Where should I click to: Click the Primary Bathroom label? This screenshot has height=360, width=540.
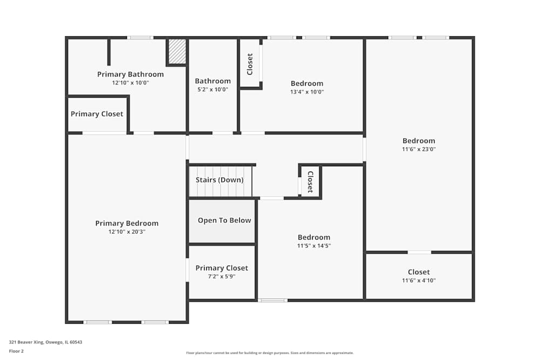click(x=130, y=74)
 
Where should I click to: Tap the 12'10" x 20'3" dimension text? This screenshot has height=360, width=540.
click(x=127, y=232)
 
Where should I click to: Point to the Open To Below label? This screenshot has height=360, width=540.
click(x=224, y=220)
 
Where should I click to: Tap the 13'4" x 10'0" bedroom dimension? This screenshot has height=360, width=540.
click(x=307, y=92)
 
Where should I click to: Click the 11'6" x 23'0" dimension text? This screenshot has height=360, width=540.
click(x=418, y=150)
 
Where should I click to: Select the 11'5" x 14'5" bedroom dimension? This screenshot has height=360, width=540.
click(x=314, y=246)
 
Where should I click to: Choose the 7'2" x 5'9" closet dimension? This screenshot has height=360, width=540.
click(x=222, y=276)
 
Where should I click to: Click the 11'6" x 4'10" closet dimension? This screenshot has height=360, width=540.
click(x=418, y=281)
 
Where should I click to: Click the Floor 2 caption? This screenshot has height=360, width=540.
click(x=16, y=351)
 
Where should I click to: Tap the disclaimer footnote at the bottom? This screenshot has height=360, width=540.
click(x=270, y=353)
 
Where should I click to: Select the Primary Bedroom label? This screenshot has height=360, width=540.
click(x=127, y=223)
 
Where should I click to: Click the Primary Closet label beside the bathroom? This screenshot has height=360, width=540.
click(x=97, y=114)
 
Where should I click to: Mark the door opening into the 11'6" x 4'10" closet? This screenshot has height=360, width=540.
click(x=419, y=252)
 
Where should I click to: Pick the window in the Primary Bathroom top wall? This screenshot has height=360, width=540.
click(x=140, y=38)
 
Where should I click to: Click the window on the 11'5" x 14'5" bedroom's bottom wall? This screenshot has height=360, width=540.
click(x=273, y=300)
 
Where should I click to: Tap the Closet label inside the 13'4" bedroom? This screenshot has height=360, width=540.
click(x=250, y=64)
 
